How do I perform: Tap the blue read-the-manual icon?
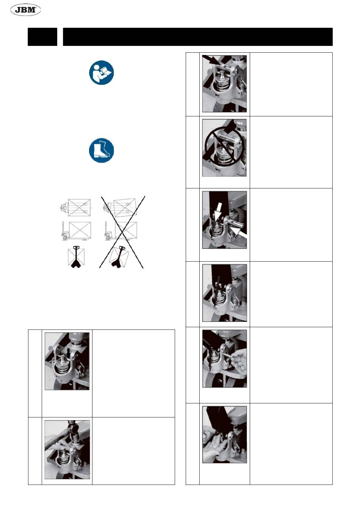pos(102,72)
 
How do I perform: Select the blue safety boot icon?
pos(102,150)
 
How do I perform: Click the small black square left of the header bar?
pos(42,37)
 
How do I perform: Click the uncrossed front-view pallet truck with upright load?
pos(76,257)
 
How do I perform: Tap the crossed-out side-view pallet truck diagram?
pos(121,231)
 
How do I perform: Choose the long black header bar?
pos(198,37)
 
